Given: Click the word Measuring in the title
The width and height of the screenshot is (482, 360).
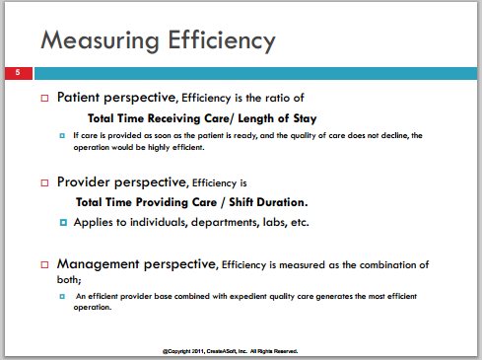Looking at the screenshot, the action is point(100,40).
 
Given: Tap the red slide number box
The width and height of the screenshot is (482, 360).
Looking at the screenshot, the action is point(19,73).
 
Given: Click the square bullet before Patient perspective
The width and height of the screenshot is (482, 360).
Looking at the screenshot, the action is point(44,98).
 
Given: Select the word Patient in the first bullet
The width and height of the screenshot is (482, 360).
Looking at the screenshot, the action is point(78,98).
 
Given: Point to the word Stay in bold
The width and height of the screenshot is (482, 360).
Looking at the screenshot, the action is point(305,118).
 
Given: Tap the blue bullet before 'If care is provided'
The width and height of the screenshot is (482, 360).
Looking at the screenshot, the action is point(62,135).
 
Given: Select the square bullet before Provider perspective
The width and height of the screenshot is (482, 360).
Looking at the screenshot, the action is point(44,182).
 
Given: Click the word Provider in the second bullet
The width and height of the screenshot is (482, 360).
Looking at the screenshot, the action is point(84,182).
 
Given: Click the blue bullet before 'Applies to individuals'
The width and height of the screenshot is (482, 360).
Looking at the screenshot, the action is point(63,223).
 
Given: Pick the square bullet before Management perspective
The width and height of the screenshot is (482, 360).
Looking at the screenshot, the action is point(44,264).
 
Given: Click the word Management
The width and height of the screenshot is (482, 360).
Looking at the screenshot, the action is point(99,264).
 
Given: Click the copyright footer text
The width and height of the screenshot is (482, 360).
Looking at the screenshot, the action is point(231,351).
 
